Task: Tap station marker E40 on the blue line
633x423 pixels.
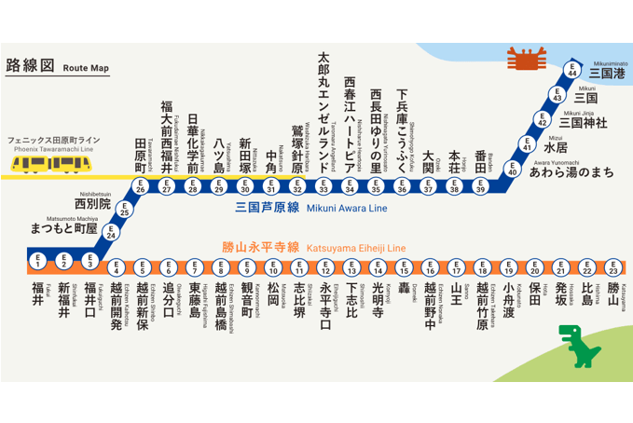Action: (512, 169)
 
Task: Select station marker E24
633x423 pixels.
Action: (112, 234)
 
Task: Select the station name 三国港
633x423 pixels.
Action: (605, 72)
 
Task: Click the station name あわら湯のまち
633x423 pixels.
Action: (571, 171)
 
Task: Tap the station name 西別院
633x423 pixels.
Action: (91, 202)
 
